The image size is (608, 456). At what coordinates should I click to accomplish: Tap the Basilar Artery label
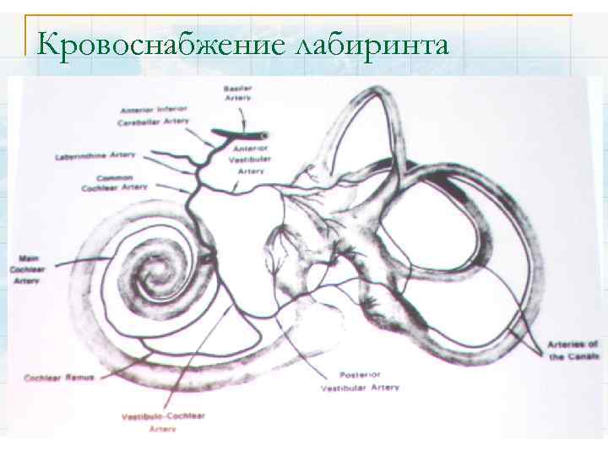click(x=237, y=93)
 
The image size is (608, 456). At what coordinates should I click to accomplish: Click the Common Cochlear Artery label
click(x=122, y=182)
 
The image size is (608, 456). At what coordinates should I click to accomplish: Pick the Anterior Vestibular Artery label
click(x=249, y=160)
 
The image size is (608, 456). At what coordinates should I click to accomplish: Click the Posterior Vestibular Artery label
click(x=361, y=381)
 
